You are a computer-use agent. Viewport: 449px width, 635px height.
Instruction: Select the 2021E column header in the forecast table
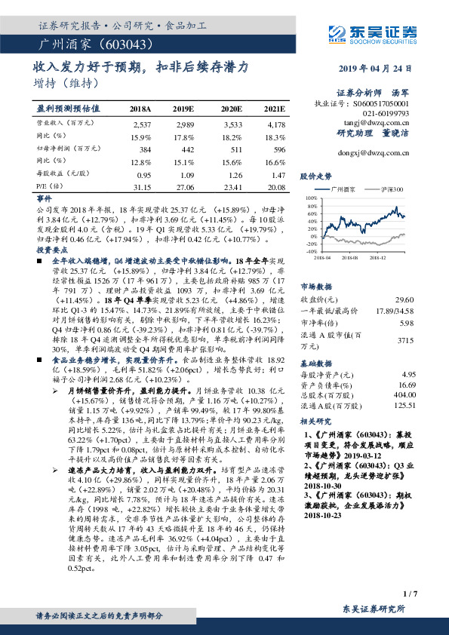[x=275, y=109]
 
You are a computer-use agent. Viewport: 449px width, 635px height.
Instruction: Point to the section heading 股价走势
[x=316, y=176]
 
